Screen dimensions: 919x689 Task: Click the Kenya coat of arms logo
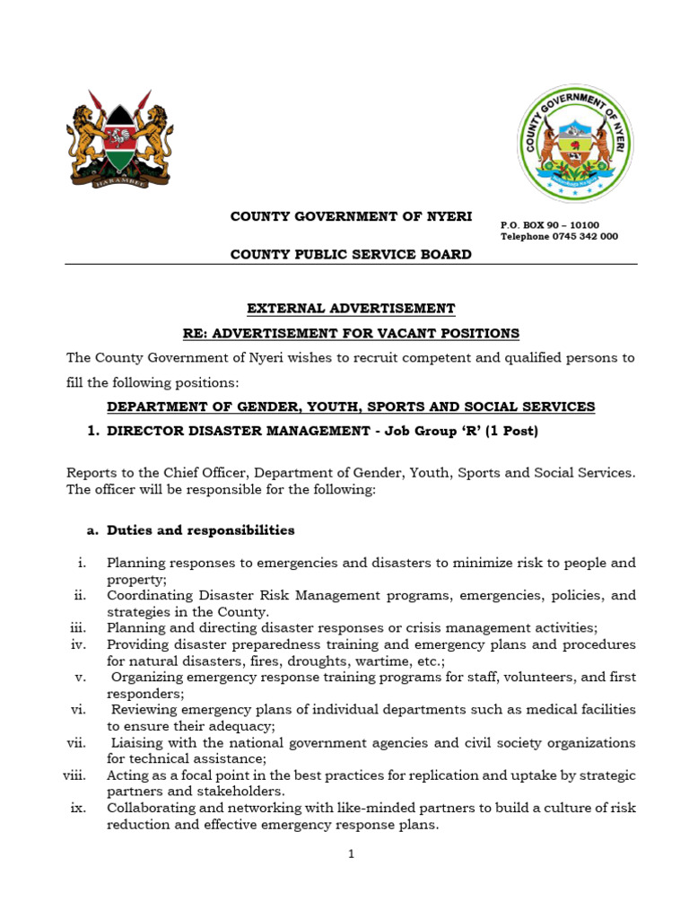(x=119, y=140)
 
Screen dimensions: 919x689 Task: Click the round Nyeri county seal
(x=575, y=144)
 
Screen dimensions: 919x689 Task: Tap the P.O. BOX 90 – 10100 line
(x=549, y=224)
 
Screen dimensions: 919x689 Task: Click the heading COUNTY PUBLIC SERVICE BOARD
(x=351, y=254)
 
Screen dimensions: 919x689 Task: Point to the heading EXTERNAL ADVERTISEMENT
(x=351, y=308)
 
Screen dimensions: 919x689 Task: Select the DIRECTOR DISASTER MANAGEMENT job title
(x=234, y=431)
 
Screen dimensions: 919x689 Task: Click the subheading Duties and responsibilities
(x=200, y=530)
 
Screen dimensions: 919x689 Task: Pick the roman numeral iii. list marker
(x=76, y=627)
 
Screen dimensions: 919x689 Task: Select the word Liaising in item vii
(x=137, y=742)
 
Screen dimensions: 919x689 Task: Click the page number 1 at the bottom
(x=352, y=853)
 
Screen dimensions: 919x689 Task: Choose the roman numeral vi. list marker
(x=77, y=709)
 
